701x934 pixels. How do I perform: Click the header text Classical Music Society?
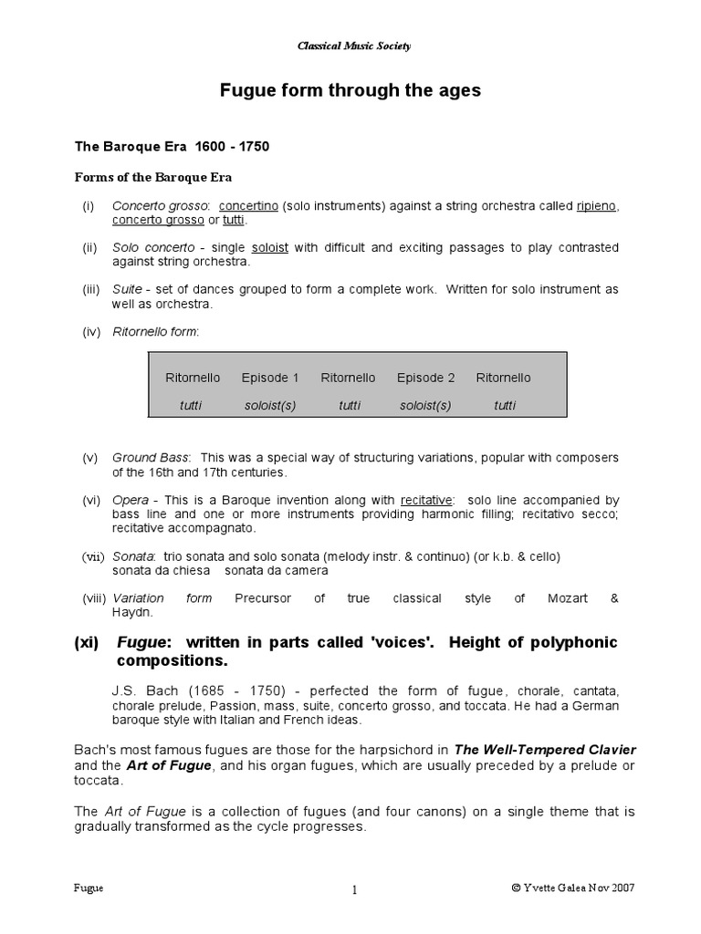tap(350, 46)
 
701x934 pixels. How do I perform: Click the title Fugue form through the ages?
tap(350, 91)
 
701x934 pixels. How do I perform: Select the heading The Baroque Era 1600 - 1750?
tap(171, 146)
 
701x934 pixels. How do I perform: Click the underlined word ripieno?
tap(597, 206)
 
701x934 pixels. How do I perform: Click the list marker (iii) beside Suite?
tap(90, 289)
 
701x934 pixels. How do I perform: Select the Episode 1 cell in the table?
tap(270, 378)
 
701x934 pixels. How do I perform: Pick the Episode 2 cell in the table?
tap(425, 378)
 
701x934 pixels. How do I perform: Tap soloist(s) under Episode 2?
tap(425, 405)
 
